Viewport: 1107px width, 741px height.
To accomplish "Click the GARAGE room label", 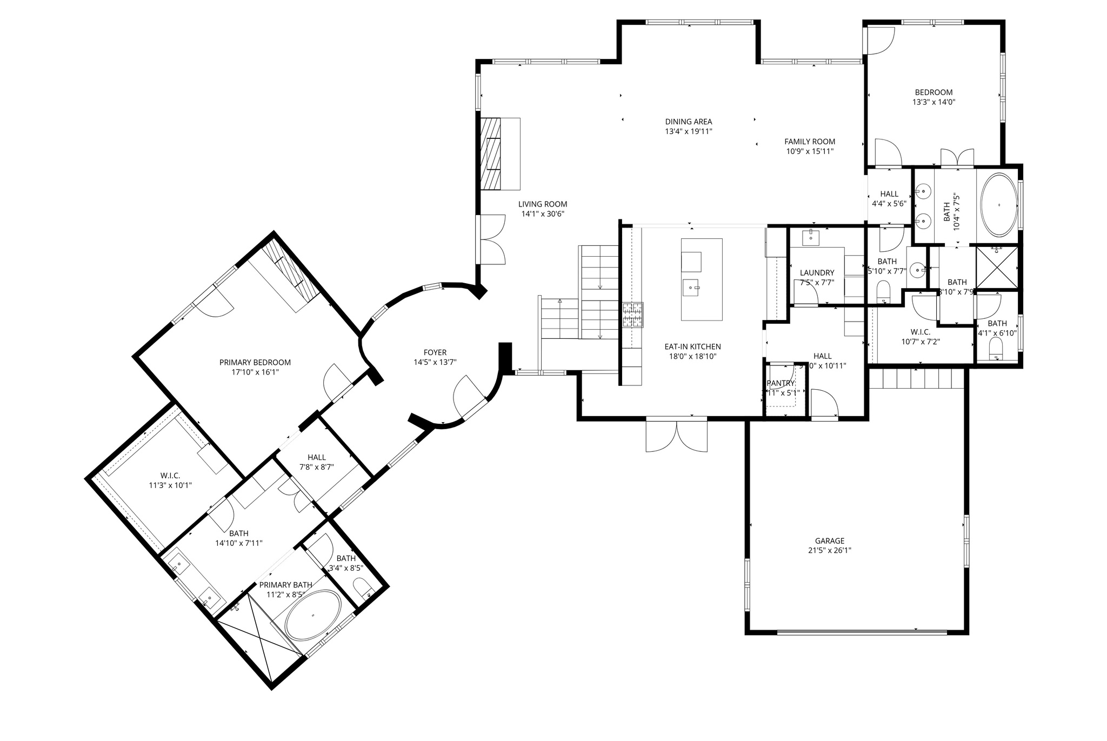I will [829, 540].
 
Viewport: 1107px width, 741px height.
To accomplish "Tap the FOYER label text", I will [435, 352].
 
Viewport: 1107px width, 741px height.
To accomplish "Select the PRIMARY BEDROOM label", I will [255, 362].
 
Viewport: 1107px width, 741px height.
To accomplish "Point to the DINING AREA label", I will [688, 122].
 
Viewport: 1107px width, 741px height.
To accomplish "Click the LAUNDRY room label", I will [817, 272].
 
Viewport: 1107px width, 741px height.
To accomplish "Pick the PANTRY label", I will [781, 383].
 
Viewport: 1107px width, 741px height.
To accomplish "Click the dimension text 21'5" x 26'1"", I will [829, 550].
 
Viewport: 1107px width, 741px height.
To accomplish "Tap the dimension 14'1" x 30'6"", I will [543, 214].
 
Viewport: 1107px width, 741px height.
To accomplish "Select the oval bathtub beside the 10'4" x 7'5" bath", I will [998, 205].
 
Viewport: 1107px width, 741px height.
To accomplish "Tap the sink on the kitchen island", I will [691, 288].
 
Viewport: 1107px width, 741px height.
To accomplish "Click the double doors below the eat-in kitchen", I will [676, 436].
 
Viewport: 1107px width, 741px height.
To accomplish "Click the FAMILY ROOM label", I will [809, 142].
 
